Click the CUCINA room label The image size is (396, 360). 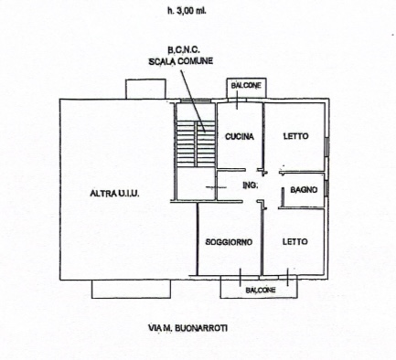[x=240, y=136]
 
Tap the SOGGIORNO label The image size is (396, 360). [x=229, y=242]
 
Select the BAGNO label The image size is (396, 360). [x=304, y=190]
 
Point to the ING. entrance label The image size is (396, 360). [x=251, y=185]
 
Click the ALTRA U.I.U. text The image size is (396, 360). [x=114, y=193]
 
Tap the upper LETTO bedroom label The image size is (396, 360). [x=295, y=136]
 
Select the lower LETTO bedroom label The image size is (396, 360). [x=294, y=242]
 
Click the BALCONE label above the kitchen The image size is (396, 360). [x=246, y=86]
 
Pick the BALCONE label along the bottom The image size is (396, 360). [x=261, y=290]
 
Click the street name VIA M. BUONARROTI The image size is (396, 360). [x=187, y=328]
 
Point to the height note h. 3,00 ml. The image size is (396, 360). [x=187, y=11]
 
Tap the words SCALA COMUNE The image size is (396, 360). [x=181, y=61]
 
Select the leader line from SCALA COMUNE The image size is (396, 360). [x=193, y=101]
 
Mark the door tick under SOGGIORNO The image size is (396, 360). [x=241, y=277]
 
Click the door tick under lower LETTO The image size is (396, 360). [x=287, y=277]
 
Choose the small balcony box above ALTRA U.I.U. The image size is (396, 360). [x=145, y=89]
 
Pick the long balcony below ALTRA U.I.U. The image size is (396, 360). [x=131, y=289]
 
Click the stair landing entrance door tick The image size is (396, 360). [x=216, y=187]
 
